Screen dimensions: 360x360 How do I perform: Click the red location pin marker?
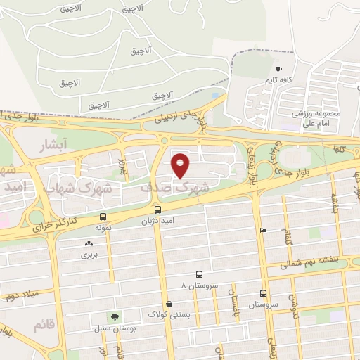click(x=181, y=165)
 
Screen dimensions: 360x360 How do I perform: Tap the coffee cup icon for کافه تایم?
click(x=280, y=70)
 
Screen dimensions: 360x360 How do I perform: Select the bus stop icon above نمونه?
click(x=103, y=217)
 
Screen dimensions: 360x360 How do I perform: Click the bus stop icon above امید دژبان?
click(x=158, y=210)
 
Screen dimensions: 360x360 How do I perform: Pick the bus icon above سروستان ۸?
click(x=199, y=275)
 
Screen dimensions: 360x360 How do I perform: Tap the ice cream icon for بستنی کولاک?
click(x=169, y=304)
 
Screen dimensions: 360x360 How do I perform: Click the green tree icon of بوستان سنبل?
click(x=110, y=318)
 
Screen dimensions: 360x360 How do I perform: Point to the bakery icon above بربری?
click(x=89, y=244)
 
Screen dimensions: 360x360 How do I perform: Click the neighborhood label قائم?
click(x=41, y=324)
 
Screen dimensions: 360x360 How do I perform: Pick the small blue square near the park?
click(x=214, y=94)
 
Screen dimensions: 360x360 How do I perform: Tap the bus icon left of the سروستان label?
click(x=263, y=293)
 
